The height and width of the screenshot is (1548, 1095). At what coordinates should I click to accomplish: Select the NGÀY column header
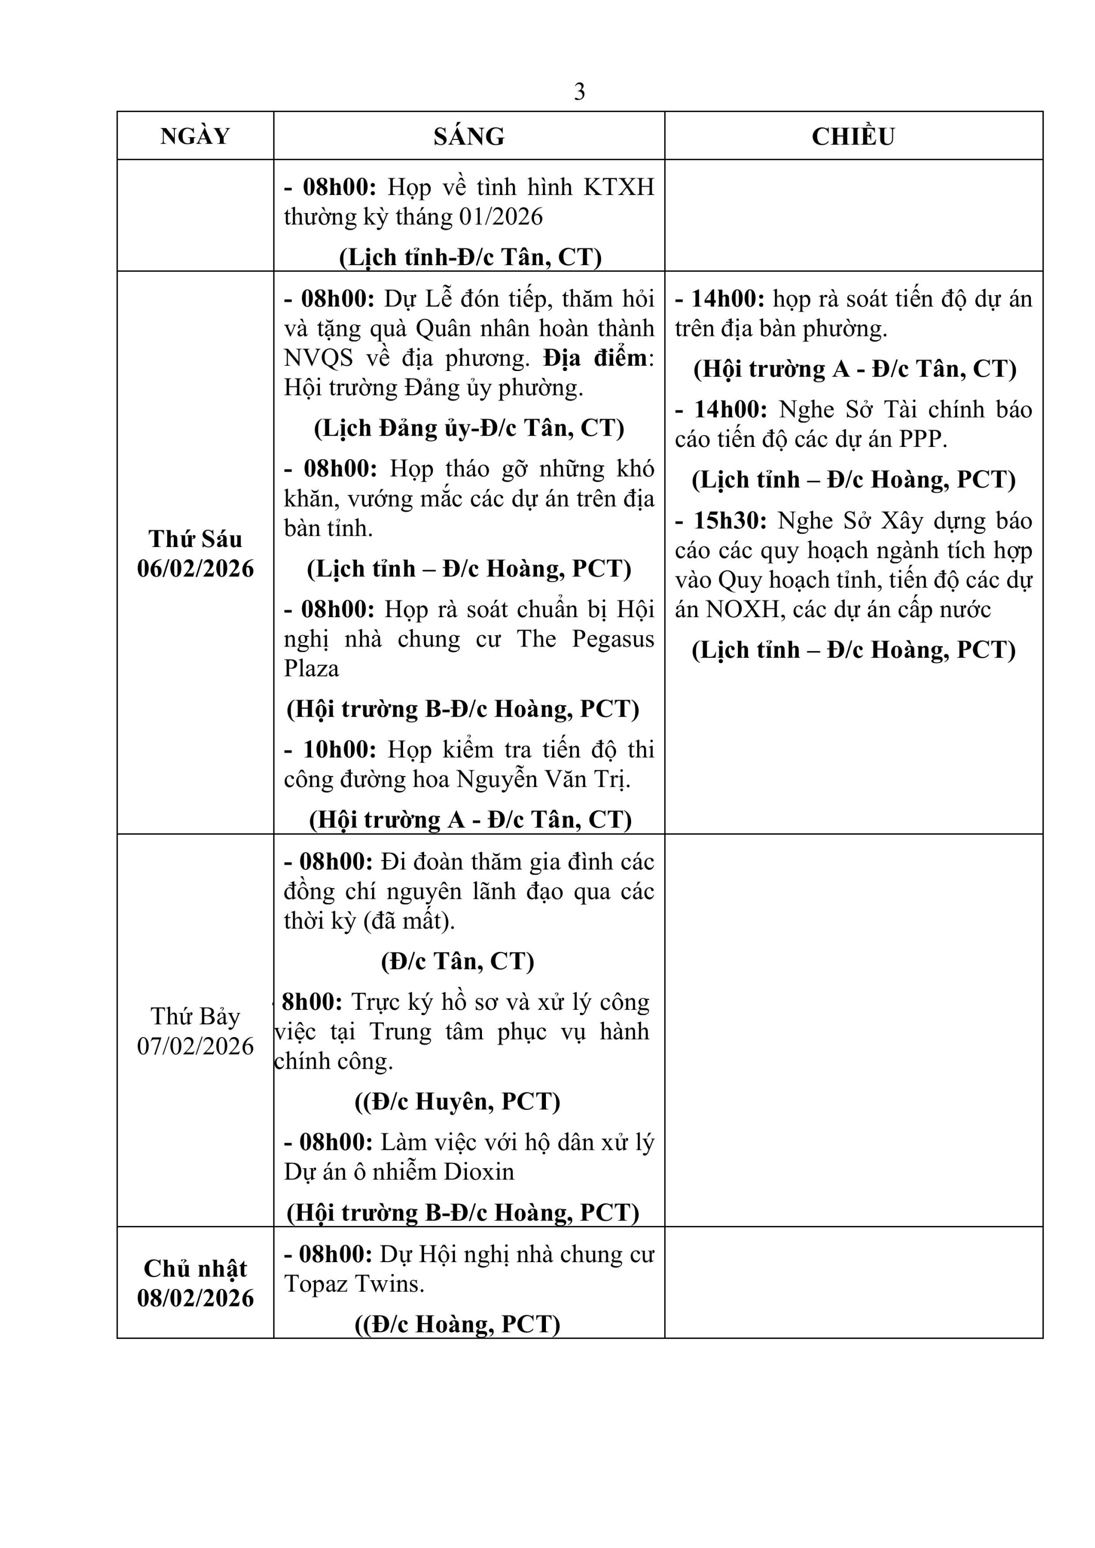click(195, 136)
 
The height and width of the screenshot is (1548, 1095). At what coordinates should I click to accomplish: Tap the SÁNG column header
click(469, 136)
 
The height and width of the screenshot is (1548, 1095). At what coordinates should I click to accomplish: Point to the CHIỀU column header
click(853, 136)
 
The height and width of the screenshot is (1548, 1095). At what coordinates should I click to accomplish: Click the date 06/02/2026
click(196, 568)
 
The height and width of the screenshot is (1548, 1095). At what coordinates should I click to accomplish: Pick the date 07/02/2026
click(196, 1046)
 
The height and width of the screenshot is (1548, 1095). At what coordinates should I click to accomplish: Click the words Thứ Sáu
click(196, 539)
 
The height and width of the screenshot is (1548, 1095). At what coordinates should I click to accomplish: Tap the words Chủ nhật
click(196, 1268)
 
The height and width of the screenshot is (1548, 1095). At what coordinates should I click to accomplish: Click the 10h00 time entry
click(339, 749)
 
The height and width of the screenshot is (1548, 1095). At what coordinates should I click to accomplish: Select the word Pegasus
click(613, 638)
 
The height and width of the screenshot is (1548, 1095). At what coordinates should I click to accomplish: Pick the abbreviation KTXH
click(618, 187)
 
